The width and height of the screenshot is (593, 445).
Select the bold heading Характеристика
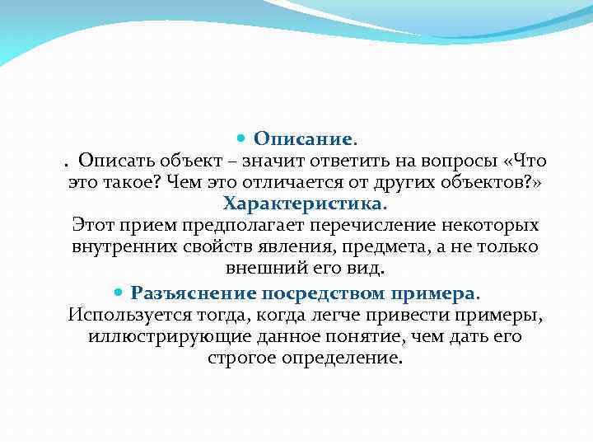click(x=303, y=203)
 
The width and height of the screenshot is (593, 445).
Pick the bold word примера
click(x=433, y=293)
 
